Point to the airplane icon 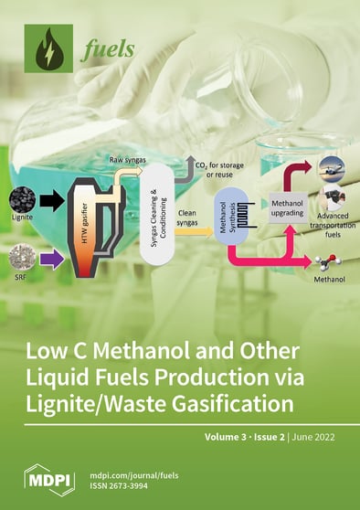click(328, 166)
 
